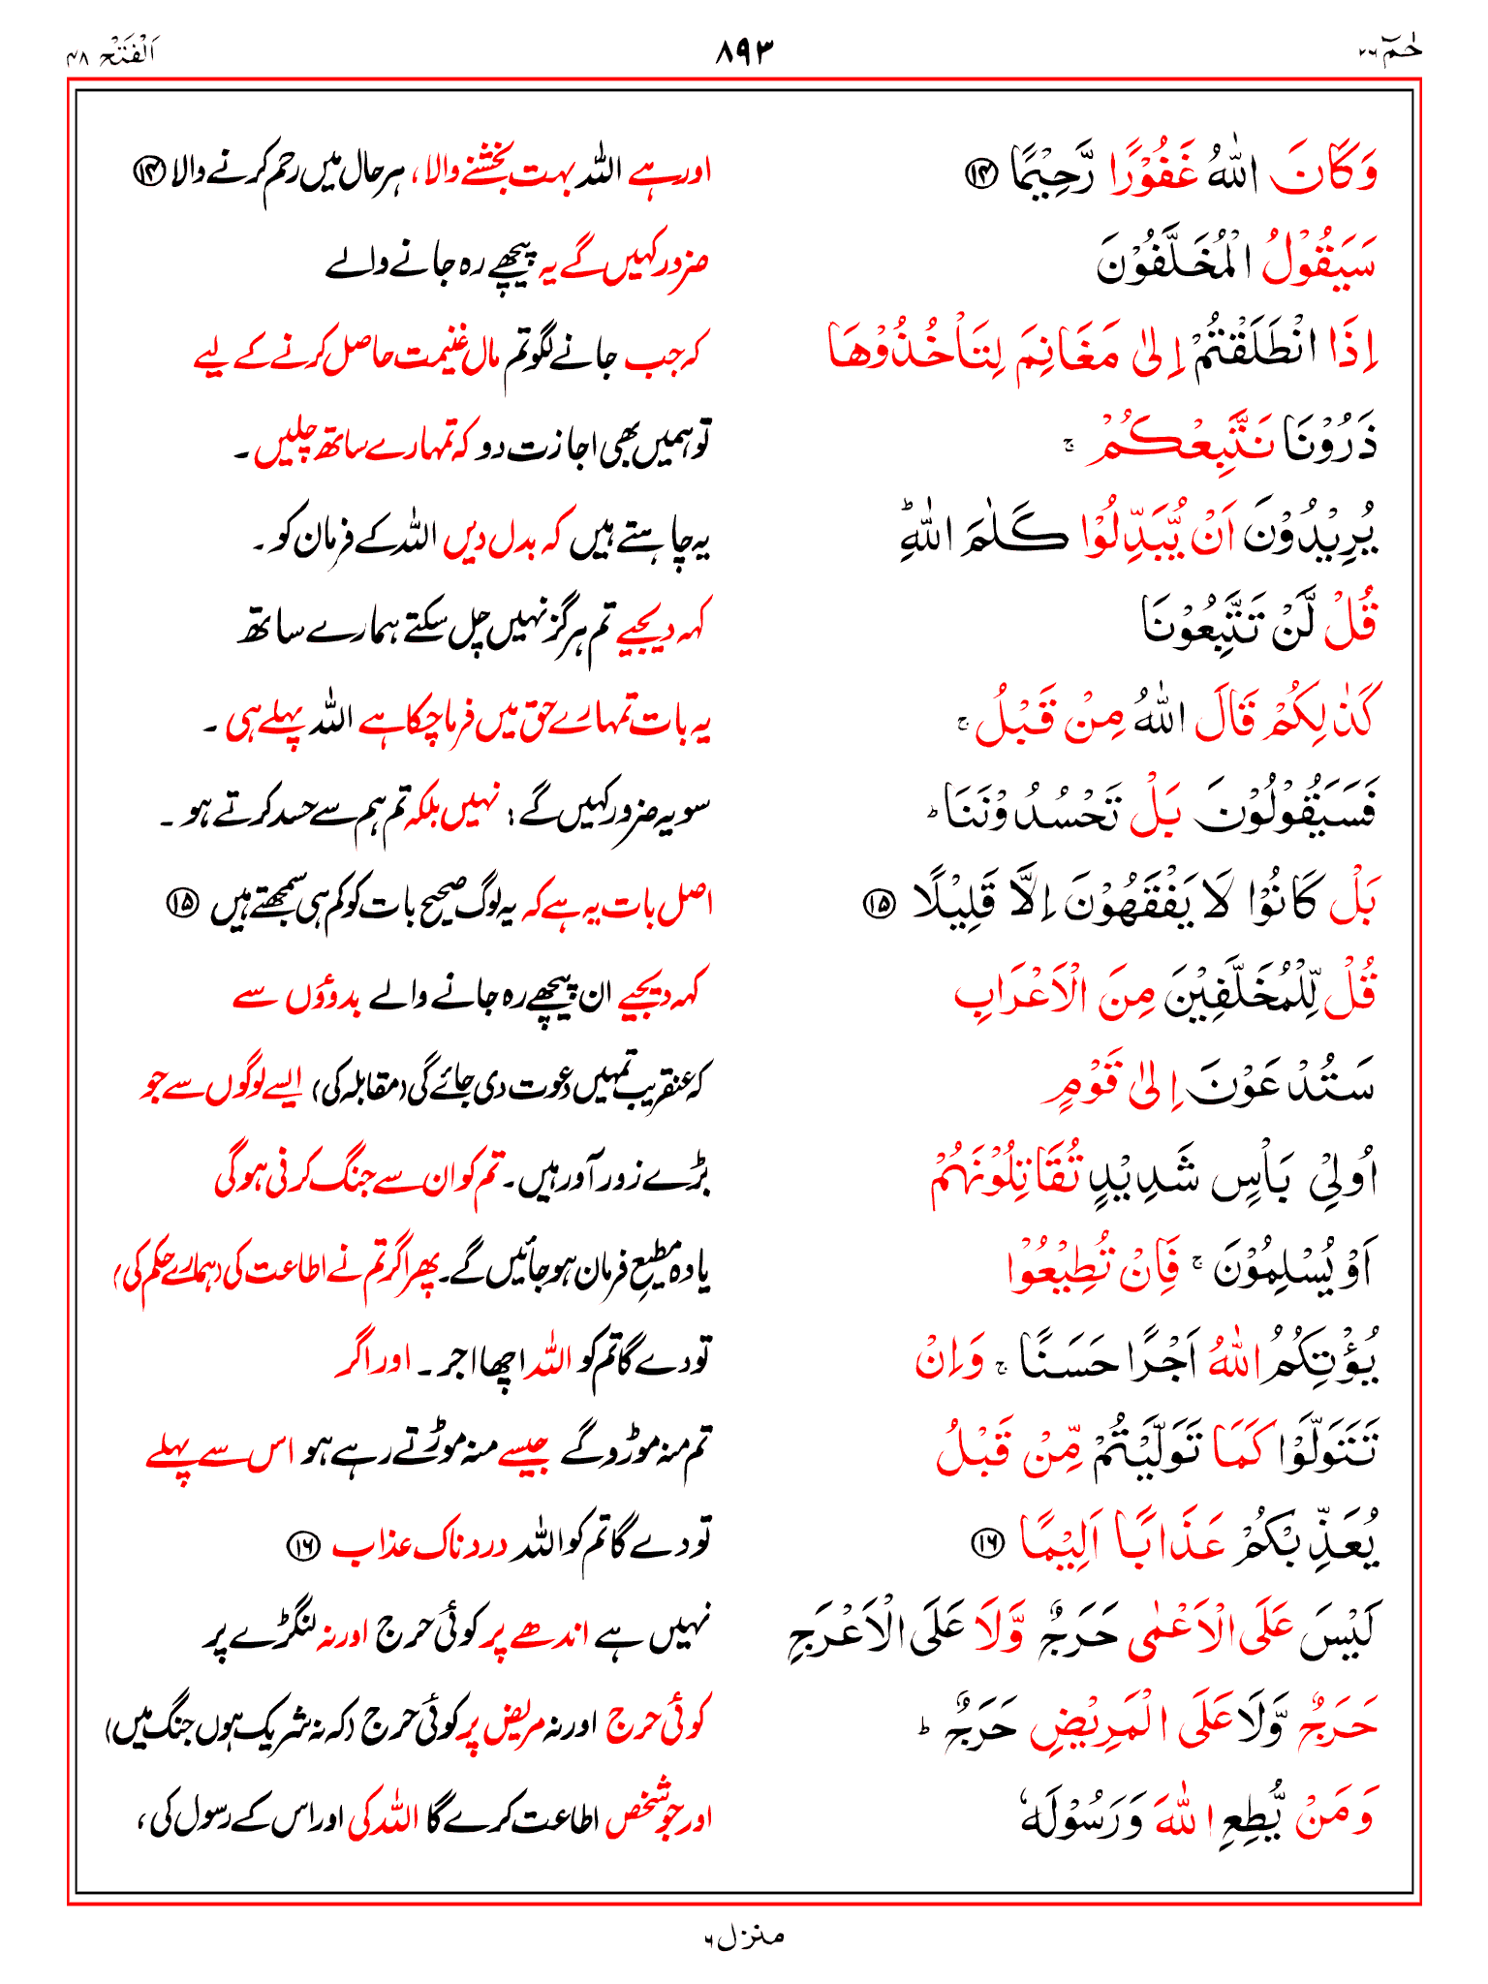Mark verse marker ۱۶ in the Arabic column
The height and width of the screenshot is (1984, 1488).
pos(987,1543)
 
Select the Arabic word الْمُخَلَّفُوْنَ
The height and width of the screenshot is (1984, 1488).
pos(1177,262)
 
